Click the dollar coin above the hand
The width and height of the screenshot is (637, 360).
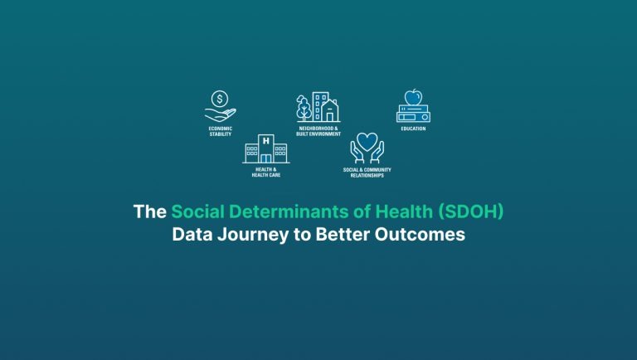point(220,99)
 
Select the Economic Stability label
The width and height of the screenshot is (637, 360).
point(220,131)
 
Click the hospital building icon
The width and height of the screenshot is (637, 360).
point(265,148)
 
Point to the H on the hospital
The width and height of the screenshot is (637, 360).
point(265,140)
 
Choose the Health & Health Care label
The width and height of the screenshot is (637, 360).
point(265,173)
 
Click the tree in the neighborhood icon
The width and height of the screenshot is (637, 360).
point(304,109)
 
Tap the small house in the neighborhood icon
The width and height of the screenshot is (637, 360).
point(330,111)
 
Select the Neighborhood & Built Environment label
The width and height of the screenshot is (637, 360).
point(318,131)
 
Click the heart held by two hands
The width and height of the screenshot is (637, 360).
point(367,140)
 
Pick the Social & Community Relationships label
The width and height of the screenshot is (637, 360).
point(367,173)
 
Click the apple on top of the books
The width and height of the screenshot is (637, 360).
point(413,97)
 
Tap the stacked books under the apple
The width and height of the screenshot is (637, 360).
point(413,114)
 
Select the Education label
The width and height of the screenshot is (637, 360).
point(413,129)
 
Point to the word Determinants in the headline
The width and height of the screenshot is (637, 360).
point(287,212)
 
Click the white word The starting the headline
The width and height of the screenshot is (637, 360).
point(150,212)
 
